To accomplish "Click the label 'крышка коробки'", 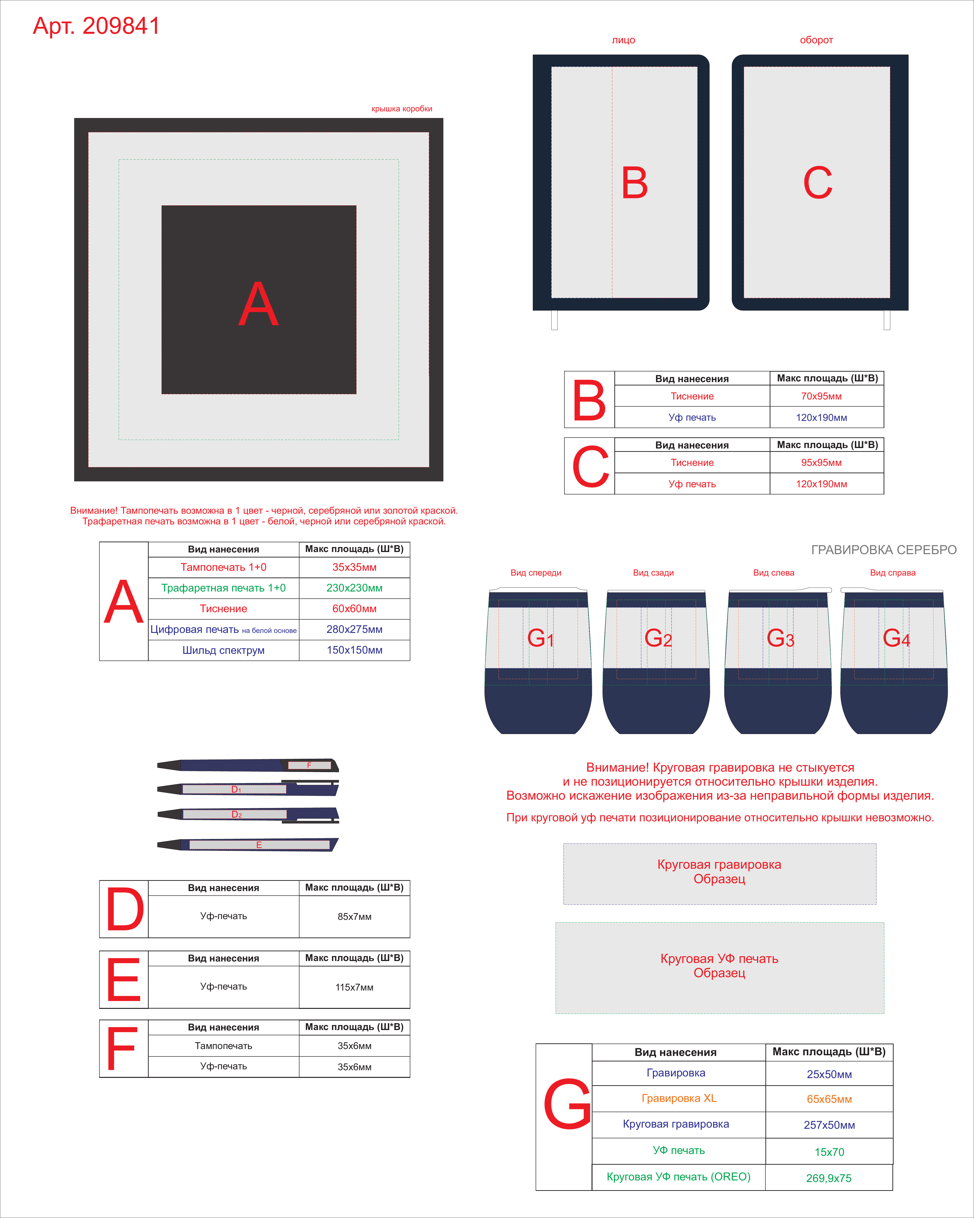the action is pos(402,109).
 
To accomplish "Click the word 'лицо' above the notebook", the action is pos(623,40).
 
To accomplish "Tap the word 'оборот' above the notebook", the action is pos(817,40).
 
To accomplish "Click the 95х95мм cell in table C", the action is pos(822,463).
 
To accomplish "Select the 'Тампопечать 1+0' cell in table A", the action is pos(224,567).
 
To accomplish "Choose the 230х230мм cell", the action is pos(355,588).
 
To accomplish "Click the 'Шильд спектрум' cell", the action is pos(224,650).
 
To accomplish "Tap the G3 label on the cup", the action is pos(780,638).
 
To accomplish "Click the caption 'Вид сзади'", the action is pos(653,573).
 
